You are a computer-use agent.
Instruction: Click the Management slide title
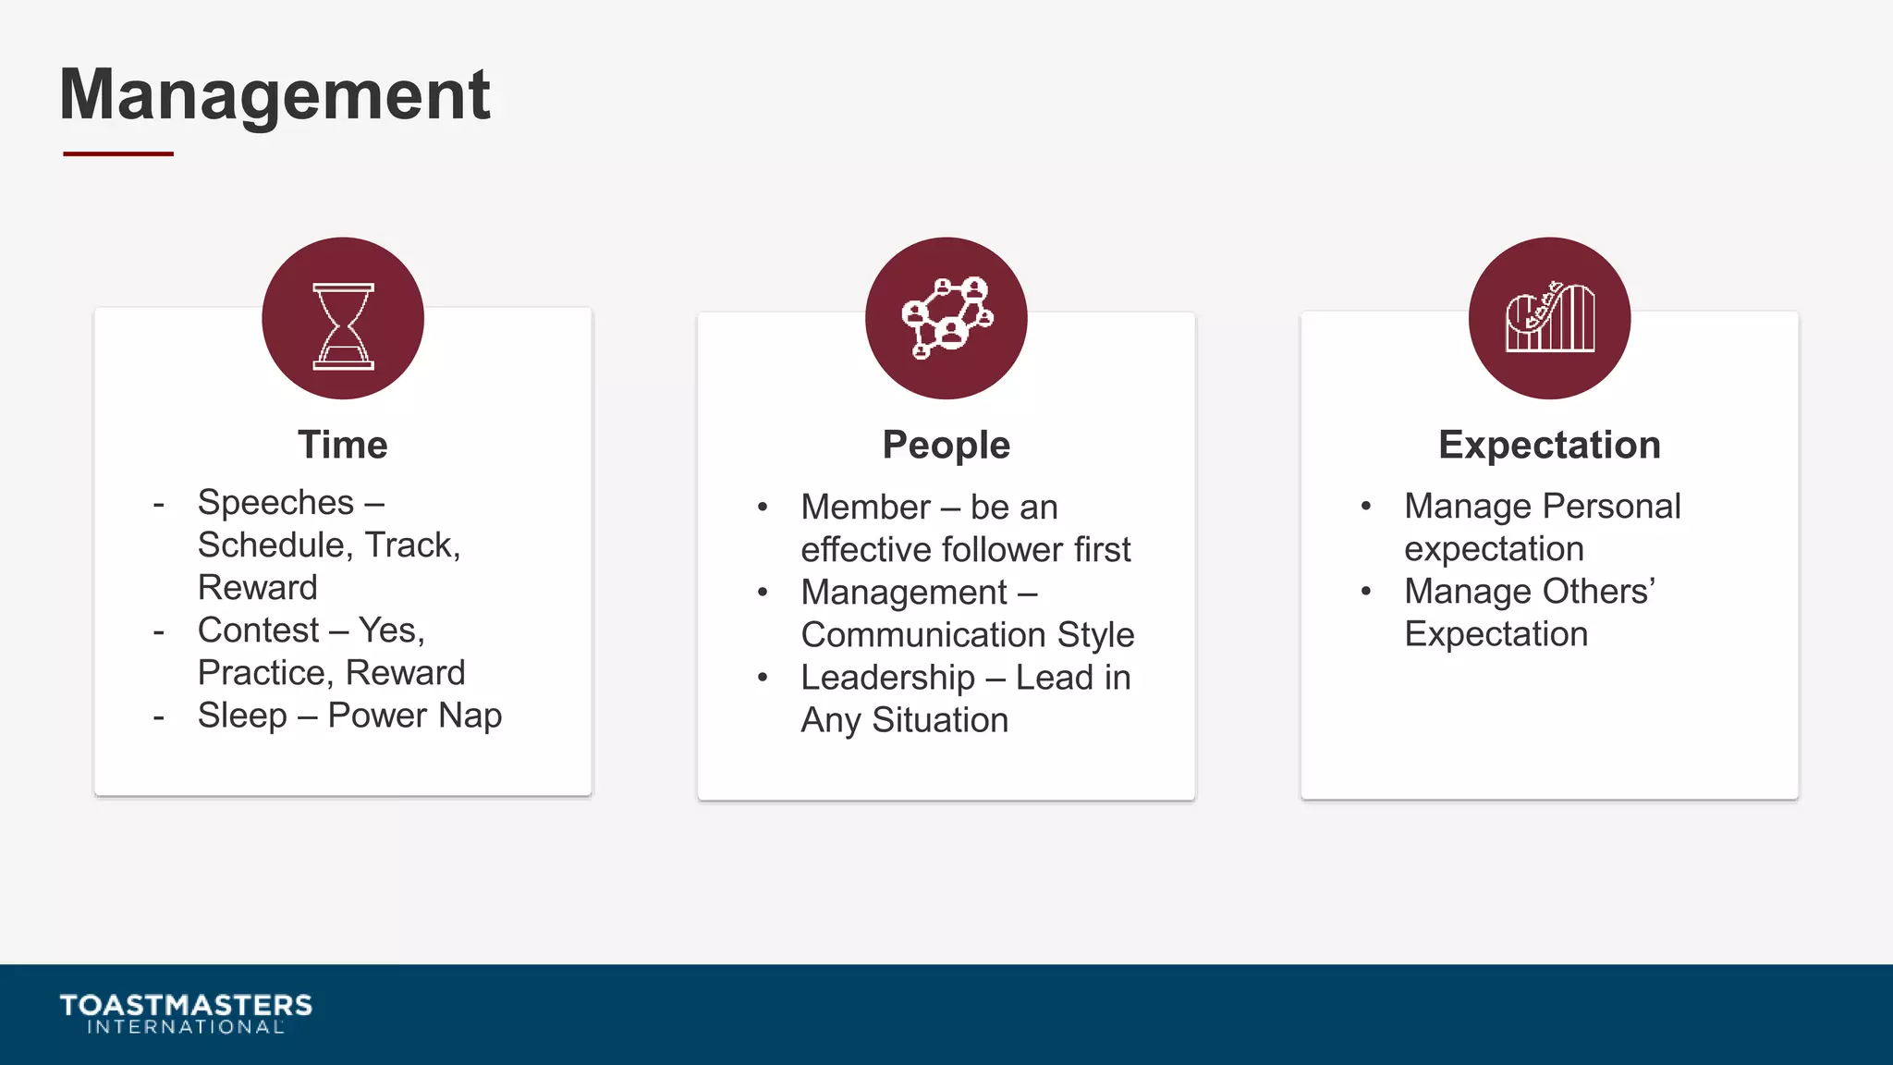tap(275, 95)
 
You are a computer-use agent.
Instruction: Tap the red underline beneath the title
tap(118, 153)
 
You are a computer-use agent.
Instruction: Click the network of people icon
tap(946, 318)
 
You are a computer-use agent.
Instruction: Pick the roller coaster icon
tap(1549, 318)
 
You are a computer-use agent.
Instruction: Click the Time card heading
tap(343, 446)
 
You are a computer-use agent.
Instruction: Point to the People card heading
tap(946, 446)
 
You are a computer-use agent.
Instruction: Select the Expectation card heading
tap(1549, 446)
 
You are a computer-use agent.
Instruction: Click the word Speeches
tap(275, 504)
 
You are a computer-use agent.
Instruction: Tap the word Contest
tap(258, 630)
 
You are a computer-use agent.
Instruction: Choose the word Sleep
tap(242, 716)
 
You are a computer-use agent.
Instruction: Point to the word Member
tap(865, 508)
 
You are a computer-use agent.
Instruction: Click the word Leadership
tap(887, 679)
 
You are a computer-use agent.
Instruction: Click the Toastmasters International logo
tap(186, 1013)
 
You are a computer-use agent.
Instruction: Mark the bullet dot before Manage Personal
tap(1365, 506)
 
